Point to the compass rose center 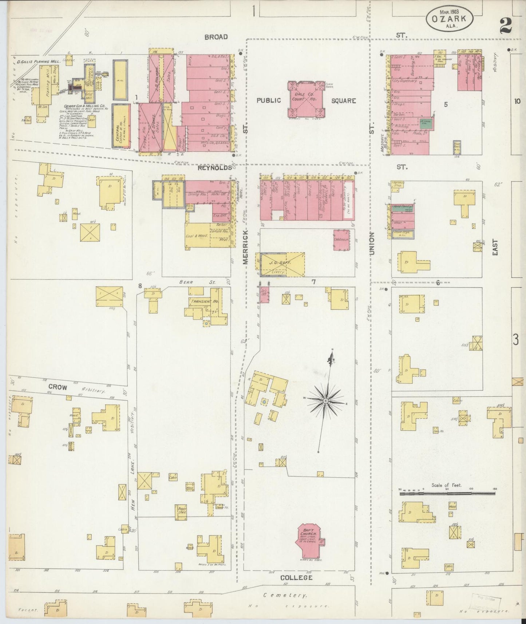[326, 401]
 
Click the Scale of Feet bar [447, 493]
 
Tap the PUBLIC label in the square [269, 100]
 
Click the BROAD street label [216, 37]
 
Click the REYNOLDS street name [215, 167]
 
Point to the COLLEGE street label [296, 577]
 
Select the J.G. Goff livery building [280, 264]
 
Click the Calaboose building [341, 240]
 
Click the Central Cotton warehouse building [121, 126]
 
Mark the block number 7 [313, 281]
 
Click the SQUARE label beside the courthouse [343, 100]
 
